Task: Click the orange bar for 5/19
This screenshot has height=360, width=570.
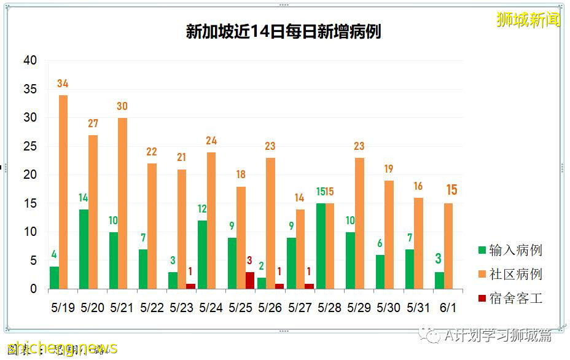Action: pos(63,192)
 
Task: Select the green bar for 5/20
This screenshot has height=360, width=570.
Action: pos(84,249)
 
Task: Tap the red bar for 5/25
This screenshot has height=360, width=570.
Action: pos(249,280)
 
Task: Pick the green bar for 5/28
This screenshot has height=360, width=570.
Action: pos(321,246)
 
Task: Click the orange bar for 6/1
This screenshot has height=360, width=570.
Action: pos(448,246)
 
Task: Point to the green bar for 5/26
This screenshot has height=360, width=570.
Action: pos(261,283)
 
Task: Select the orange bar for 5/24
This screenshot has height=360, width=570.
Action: pos(211,221)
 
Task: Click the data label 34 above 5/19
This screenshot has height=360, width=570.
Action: pos(63,84)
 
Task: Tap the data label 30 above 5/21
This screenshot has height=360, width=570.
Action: pos(122,106)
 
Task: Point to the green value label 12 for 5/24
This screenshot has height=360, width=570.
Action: pos(202,209)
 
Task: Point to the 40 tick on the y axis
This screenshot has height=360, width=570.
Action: pos(29,60)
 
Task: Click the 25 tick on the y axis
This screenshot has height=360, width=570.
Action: pos(29,146)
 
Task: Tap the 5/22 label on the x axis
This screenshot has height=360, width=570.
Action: pos(151,308)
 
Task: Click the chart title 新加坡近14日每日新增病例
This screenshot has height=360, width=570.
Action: pos(283,32)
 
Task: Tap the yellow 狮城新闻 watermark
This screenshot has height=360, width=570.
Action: pos(528,20)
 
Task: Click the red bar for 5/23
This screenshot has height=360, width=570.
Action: pos(190,286)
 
